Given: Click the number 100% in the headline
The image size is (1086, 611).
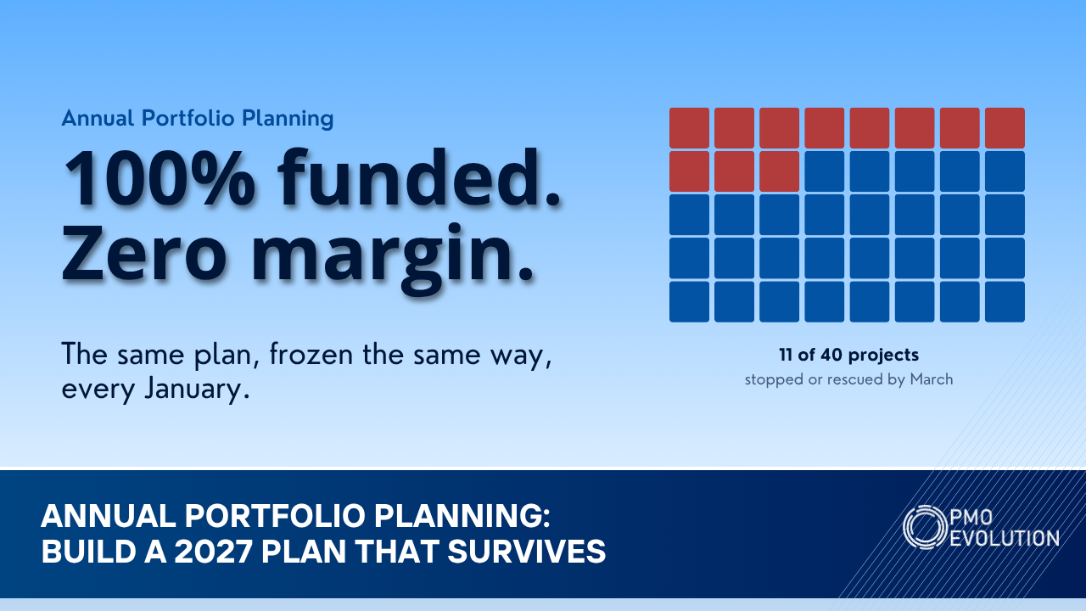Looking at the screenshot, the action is (x=160, y=178).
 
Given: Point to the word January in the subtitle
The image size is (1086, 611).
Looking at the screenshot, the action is (x=198, y=390).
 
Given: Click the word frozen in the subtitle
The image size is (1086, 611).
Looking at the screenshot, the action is (x=311, y=354).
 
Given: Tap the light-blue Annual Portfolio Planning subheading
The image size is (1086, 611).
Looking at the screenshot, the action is (x=198, y=118).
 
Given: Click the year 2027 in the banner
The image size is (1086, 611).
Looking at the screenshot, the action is (x=213, y=552).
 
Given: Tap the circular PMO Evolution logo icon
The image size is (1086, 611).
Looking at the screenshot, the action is (x=925, y=527).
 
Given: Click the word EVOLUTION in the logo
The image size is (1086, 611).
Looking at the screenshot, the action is (x=1005, y=538).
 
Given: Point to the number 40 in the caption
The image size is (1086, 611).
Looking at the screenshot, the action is (x=832, y=355).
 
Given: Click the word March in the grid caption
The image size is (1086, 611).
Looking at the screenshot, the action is (x=932, y=378).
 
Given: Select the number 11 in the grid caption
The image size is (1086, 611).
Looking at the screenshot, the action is (x=786, y=355).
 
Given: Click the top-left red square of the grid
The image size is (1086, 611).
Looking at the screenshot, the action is (x=690, y=128).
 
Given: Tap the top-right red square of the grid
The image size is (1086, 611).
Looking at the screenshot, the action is (x=1005, y=128).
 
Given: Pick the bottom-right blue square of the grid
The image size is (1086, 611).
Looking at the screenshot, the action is (x=1005, y=301).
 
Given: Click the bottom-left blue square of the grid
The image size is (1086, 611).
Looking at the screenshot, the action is (x=690, y=301).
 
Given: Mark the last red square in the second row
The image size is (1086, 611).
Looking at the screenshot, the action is (x=780, y=171).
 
